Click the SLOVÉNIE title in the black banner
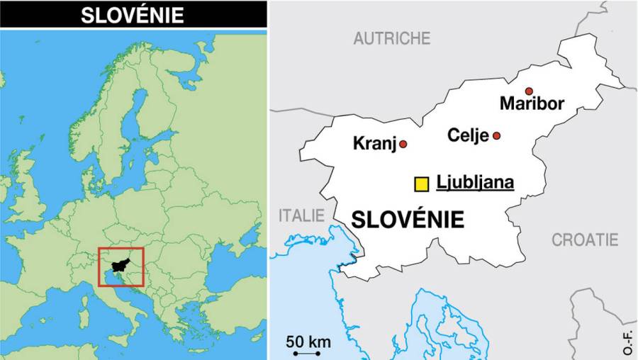tap(133, 15)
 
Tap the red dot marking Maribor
tap(529, 91)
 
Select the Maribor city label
tap(532, 104)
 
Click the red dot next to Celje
tap(497, 135)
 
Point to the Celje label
tap(468, 135)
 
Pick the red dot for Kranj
tap(403, 144)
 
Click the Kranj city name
tap(374, 145)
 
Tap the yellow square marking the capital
tap(422, 184)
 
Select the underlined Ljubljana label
tap(475, 183)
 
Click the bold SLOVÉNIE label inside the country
tap(408, 220)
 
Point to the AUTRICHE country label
tap(392, 38)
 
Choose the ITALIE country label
tap(301, 215)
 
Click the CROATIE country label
tap(585, 240)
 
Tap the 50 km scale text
tap(308, 342)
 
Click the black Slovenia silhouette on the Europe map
tap(122, 264)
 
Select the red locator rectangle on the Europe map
tap(121, 249)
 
